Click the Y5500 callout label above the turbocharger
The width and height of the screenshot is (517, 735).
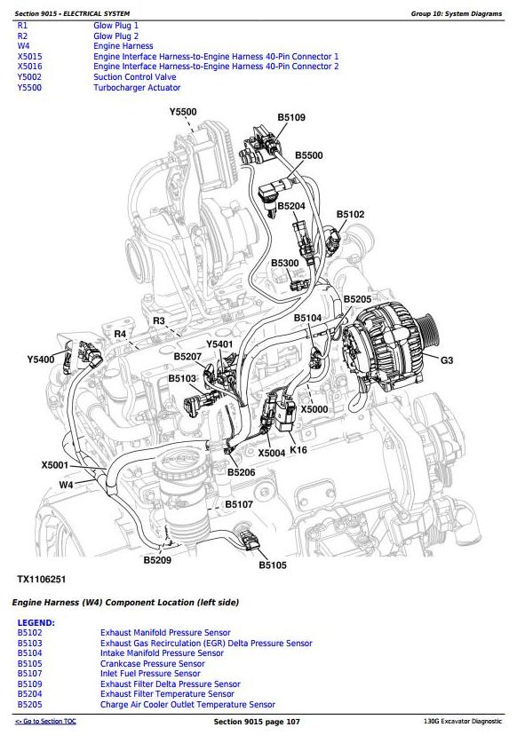[x=183, y=112]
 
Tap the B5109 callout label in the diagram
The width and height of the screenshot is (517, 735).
[x=291, y=117]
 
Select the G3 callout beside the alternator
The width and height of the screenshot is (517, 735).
[x=447, y=360]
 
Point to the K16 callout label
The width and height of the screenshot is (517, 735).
[x=298, y=449]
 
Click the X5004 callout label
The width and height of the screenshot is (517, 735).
[x=272, y=453]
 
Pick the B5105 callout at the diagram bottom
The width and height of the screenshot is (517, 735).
[x=273, y=565]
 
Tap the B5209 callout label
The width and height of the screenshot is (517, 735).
[x=157, y=560]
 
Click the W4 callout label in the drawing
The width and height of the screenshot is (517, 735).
[x=66, y=484]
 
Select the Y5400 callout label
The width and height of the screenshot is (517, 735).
[x=41, y=360]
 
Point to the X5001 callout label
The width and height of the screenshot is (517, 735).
[x=55, y=465]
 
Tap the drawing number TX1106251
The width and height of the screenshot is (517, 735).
[x=41, y=579]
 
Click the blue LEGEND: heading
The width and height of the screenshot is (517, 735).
[x=36, y=623]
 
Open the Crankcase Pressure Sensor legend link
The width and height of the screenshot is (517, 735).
[x=153, y=664]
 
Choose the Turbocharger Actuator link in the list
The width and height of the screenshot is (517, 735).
[x=137, y=88]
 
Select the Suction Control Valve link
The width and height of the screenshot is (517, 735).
[x=135, y=77]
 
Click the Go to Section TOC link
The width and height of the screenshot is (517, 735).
[x=45, y=722]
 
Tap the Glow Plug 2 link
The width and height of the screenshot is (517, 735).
[x=115, y=36]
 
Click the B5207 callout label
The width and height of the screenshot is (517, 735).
[x=187, y=357]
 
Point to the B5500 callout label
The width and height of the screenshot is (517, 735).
[x=309, y=155]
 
